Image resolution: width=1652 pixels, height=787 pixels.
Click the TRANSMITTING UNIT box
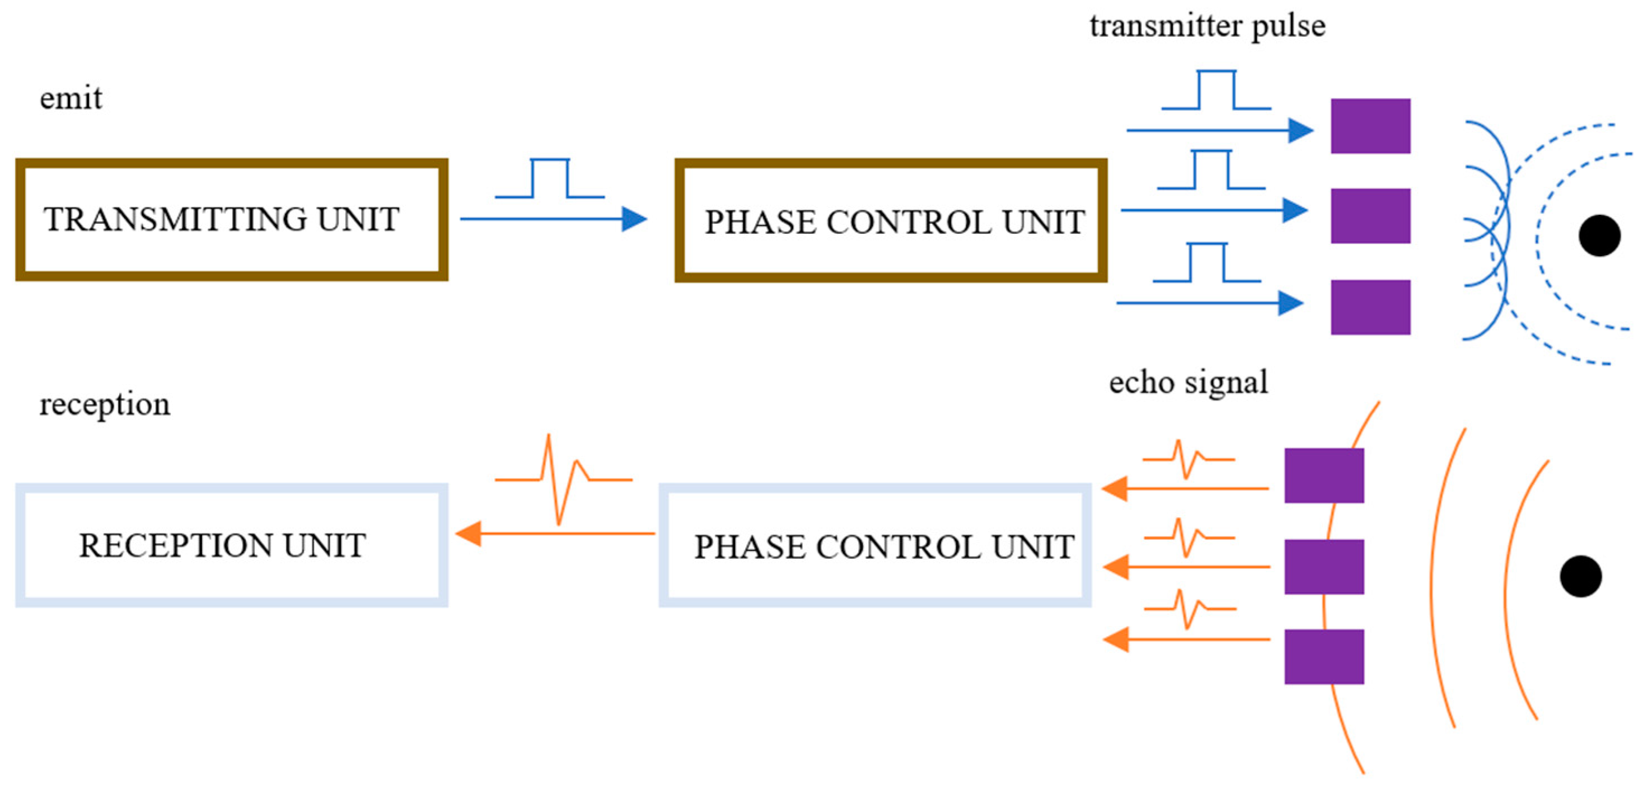(x=232, y=219)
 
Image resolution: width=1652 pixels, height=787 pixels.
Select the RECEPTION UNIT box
(x=232, y=545)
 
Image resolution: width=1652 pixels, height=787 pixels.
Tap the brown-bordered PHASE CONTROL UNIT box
(x=891, y=220)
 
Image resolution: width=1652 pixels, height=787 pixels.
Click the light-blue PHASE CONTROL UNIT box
(x=875, y=545)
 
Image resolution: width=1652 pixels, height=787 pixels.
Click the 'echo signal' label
(x=1188, y=383)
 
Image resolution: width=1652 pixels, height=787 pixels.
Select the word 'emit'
(x=71, y=98)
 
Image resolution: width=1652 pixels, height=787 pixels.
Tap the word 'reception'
(x=105, y=404)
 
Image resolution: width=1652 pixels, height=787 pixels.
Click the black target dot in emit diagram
(x=1599, y=236)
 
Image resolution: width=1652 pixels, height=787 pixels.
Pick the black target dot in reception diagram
(x=1580, y=576)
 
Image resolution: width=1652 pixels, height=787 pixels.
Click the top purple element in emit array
(x=1370, y=126)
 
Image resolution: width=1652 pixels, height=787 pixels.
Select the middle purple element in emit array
(x=1370, y=215)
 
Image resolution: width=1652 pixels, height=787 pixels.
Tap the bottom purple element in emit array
(x=1370, y=307)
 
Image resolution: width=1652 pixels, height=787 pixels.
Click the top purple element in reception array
(x=1323, y=475)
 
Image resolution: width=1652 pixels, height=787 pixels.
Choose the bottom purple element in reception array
(x=1323, y=656)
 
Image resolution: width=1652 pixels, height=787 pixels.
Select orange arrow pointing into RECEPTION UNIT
(x=555, y=533)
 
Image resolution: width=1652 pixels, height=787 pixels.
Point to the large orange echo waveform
(x=563, y=479)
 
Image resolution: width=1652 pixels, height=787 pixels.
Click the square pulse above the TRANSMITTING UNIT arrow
(x=550, y=179)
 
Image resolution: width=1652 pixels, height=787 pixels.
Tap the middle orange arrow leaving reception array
(x=1186, y=567)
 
